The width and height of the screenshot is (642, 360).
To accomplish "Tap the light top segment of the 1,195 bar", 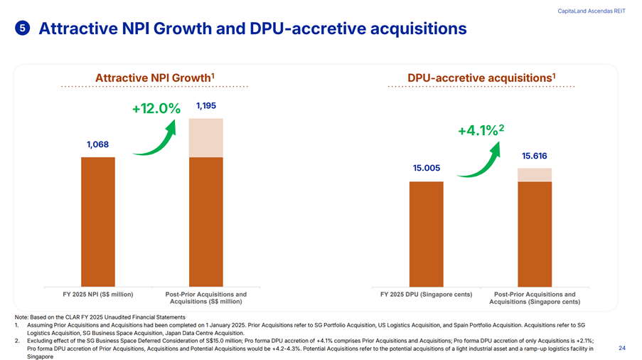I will [206, 137].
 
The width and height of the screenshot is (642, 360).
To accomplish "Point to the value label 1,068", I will [97, 144].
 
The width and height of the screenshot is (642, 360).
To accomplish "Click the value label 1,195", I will [206, 106].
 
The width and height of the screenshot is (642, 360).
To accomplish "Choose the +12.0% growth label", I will [156, 109].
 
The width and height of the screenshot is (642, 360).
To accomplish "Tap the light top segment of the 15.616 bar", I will [535, 175].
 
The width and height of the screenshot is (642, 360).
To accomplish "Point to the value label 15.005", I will [427, 168].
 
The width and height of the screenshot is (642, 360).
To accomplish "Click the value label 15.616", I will [535, 156].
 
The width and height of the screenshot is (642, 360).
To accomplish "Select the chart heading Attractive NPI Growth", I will [155, 77].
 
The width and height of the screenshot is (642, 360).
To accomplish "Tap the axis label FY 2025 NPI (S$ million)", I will [98, 295].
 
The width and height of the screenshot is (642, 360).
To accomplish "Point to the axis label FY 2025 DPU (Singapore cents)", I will [427, 295].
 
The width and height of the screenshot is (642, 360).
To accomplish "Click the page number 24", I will [622, 348].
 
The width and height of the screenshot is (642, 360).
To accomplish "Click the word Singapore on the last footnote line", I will [40, 356].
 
